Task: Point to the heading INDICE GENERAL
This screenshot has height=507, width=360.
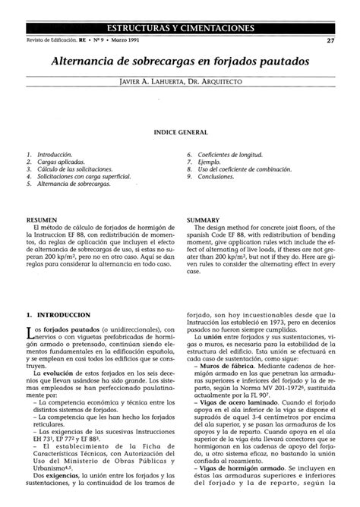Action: pos(180,132)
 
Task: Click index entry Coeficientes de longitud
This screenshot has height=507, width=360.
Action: pos(232,154)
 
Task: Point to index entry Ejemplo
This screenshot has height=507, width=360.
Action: pos(213,162)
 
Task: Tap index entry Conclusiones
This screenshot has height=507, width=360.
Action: pos(220,177)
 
